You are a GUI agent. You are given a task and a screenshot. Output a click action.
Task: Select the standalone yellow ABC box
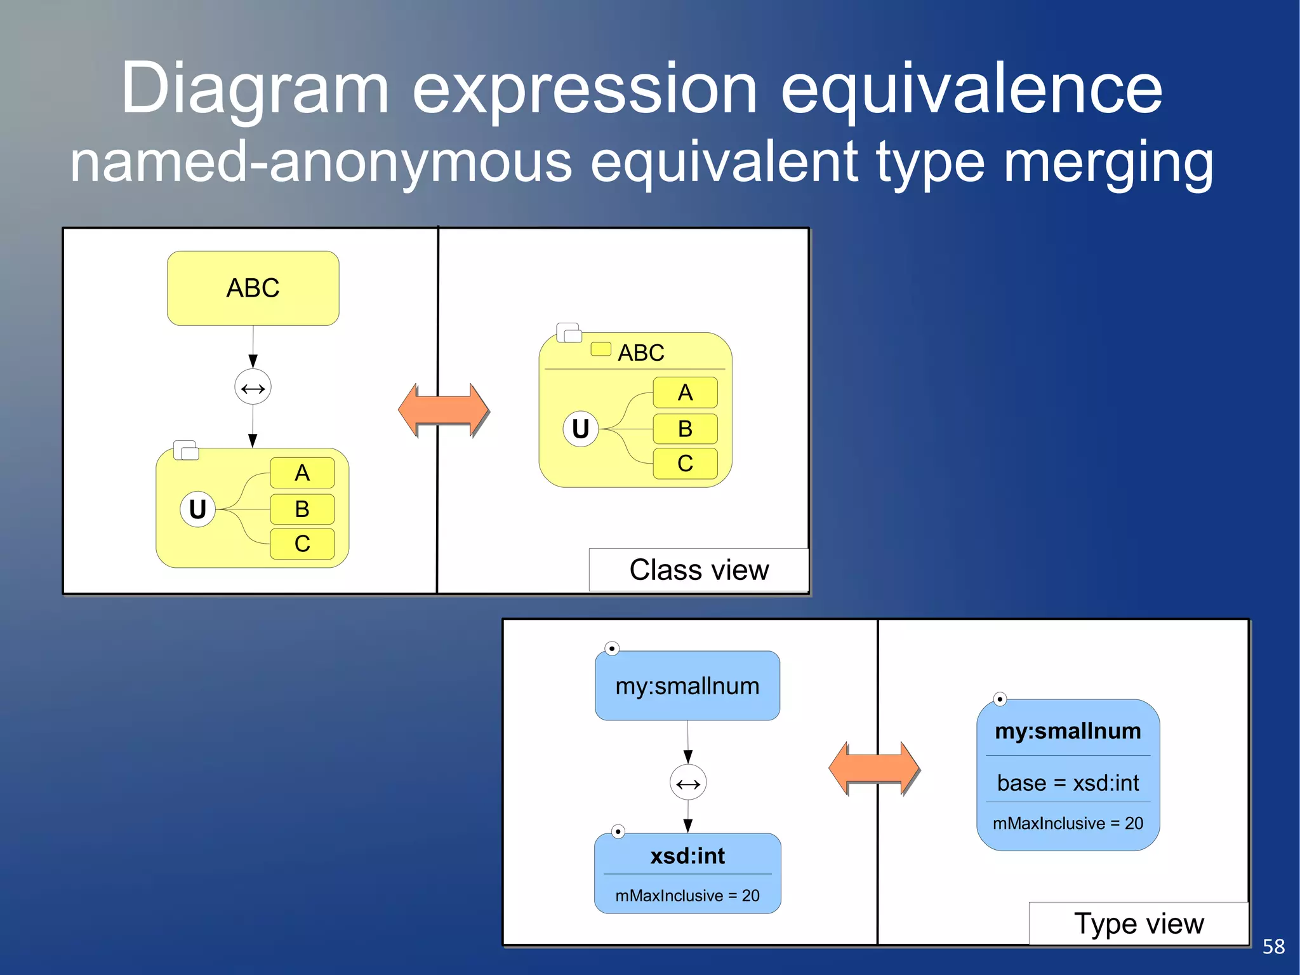coord(253,288)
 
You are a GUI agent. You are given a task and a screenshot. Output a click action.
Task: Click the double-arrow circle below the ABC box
coord(253,387)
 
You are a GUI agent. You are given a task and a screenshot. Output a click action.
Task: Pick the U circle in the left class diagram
coord(197,509)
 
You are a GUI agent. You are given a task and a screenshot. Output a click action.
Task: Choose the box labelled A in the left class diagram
coord(302,473)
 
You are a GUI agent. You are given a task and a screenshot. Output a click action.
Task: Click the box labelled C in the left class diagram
coord(302,544)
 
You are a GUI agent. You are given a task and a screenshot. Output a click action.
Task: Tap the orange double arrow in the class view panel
coord(444,410)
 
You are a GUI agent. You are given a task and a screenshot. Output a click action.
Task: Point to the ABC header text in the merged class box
coord(641,353)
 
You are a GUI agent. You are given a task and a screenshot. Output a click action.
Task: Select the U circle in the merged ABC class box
coord(580,429)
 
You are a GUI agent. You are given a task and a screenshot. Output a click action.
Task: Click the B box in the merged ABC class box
coord(685,429)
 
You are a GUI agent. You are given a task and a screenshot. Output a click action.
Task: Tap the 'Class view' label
coord(699,570)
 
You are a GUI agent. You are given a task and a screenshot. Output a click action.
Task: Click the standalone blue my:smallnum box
coord(687,686)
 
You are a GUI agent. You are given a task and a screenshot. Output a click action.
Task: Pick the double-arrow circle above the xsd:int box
coord(688,783)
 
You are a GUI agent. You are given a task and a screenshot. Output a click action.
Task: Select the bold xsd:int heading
coord(687,856)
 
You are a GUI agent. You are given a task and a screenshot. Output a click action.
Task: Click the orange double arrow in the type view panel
coord(874,769)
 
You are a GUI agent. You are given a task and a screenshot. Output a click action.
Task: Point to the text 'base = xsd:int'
coord(1068,783)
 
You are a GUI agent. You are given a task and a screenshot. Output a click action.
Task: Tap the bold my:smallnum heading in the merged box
coord(1068,731)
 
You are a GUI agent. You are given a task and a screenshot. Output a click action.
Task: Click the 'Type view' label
coord(1139,924)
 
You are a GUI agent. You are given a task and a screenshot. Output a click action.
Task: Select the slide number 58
coord(1273,946)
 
